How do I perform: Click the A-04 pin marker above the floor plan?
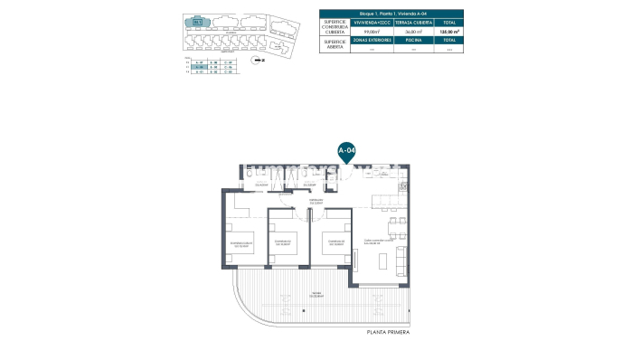(345, 150)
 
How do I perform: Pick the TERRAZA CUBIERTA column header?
(414, 24)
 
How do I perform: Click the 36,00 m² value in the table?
(414, 32)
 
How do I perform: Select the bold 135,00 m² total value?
(450, 32)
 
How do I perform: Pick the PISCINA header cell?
(414, 41)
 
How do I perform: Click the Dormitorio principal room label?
(240, 242)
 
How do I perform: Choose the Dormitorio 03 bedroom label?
(335, 242)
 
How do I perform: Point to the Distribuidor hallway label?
(316, 201)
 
